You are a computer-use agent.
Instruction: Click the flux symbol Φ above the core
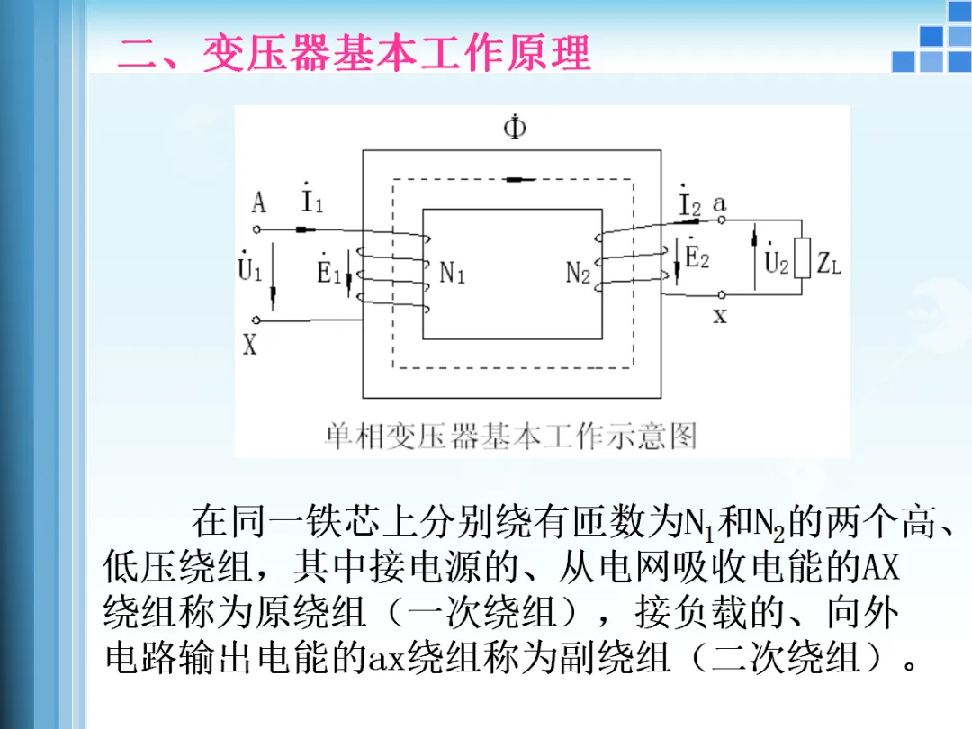[515, 129]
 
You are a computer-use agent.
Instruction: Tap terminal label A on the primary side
[258, 203]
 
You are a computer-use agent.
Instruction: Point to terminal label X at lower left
[250, 344]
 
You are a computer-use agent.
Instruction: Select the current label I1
[311, 201]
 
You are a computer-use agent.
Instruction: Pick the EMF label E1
[328, 271]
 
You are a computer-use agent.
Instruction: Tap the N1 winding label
[452, 273]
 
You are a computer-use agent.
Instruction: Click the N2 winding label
[578, 273]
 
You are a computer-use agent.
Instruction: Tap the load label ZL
[829, 265]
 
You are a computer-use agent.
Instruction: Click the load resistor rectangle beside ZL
[801, 266]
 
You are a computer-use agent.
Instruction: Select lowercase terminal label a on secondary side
[719, 203]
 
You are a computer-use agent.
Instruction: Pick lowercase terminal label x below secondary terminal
[720, 316]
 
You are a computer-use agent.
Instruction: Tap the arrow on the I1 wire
[305, 229]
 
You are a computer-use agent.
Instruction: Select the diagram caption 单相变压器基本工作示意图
[510, 436]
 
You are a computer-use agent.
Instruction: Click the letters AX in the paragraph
[881, 568]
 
